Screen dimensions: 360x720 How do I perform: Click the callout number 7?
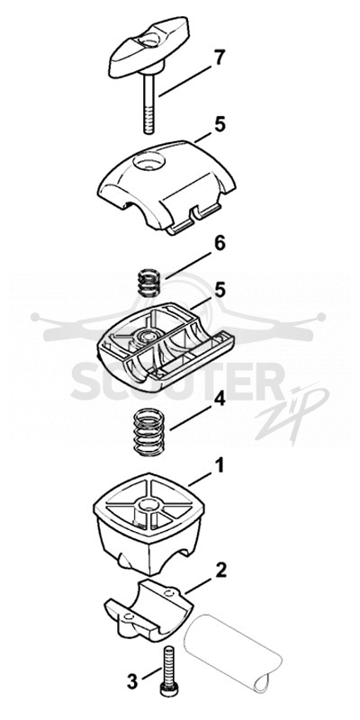click(220, 58)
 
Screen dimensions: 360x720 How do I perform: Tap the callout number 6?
click(220, 244)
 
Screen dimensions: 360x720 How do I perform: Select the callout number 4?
click(220, 399)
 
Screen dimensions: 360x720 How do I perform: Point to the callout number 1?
click(220, 465)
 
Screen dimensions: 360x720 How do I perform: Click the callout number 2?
click(220, 570)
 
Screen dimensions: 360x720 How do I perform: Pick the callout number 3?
click(132, 681)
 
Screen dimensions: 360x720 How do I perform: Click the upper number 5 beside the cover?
click(220, 125)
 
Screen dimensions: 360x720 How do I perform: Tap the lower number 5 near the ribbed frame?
click(220, 290)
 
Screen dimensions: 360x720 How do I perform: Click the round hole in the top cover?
click(148, 161)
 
